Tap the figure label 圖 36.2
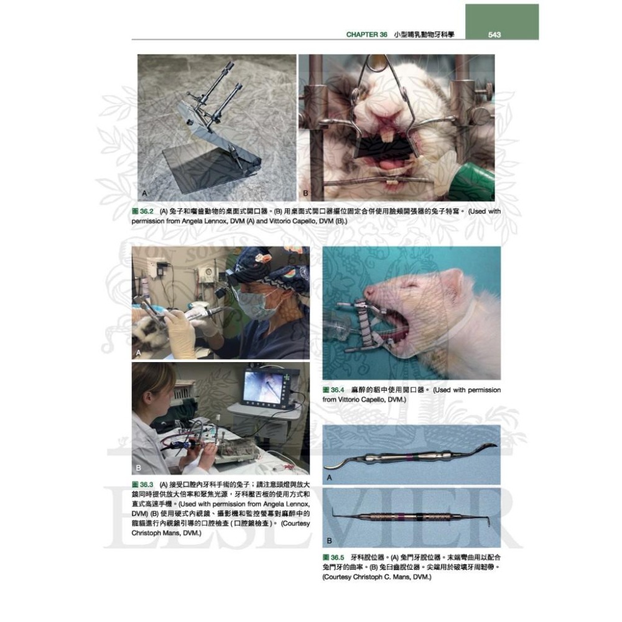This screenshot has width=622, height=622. [143, 211]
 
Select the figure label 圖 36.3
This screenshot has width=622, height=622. [143, 484]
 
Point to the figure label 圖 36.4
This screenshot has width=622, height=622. [333, 390]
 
